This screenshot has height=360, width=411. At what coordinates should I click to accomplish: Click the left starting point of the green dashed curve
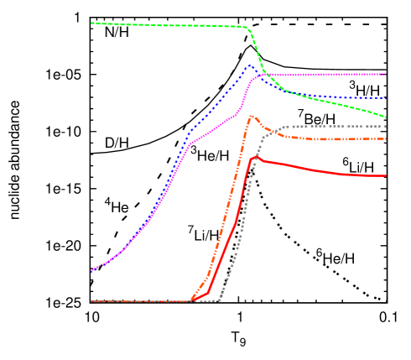pos(91,23)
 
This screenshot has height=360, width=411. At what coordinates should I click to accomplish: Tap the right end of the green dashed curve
pos(386,117)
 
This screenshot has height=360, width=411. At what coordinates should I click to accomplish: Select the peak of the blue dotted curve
pos(250,65)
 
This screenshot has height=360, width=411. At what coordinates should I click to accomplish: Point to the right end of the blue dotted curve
pos(386,98)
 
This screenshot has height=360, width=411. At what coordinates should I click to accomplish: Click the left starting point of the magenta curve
pos(91,271)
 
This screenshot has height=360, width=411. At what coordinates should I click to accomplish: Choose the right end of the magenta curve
pos(386,74)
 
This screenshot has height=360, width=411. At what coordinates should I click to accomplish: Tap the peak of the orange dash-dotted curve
pos(252,116)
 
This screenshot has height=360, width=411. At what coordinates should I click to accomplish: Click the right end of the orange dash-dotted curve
pos(386,138)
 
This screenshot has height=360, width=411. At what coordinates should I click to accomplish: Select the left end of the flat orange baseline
pos(91,301)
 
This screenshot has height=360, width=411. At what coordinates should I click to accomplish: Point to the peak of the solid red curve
pos(255,157)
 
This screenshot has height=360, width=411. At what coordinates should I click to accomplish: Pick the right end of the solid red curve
pos(386,176)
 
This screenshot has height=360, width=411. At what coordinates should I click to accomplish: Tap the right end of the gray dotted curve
pos(386,126)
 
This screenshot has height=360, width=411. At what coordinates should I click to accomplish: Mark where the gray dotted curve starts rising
pos(218,299)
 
